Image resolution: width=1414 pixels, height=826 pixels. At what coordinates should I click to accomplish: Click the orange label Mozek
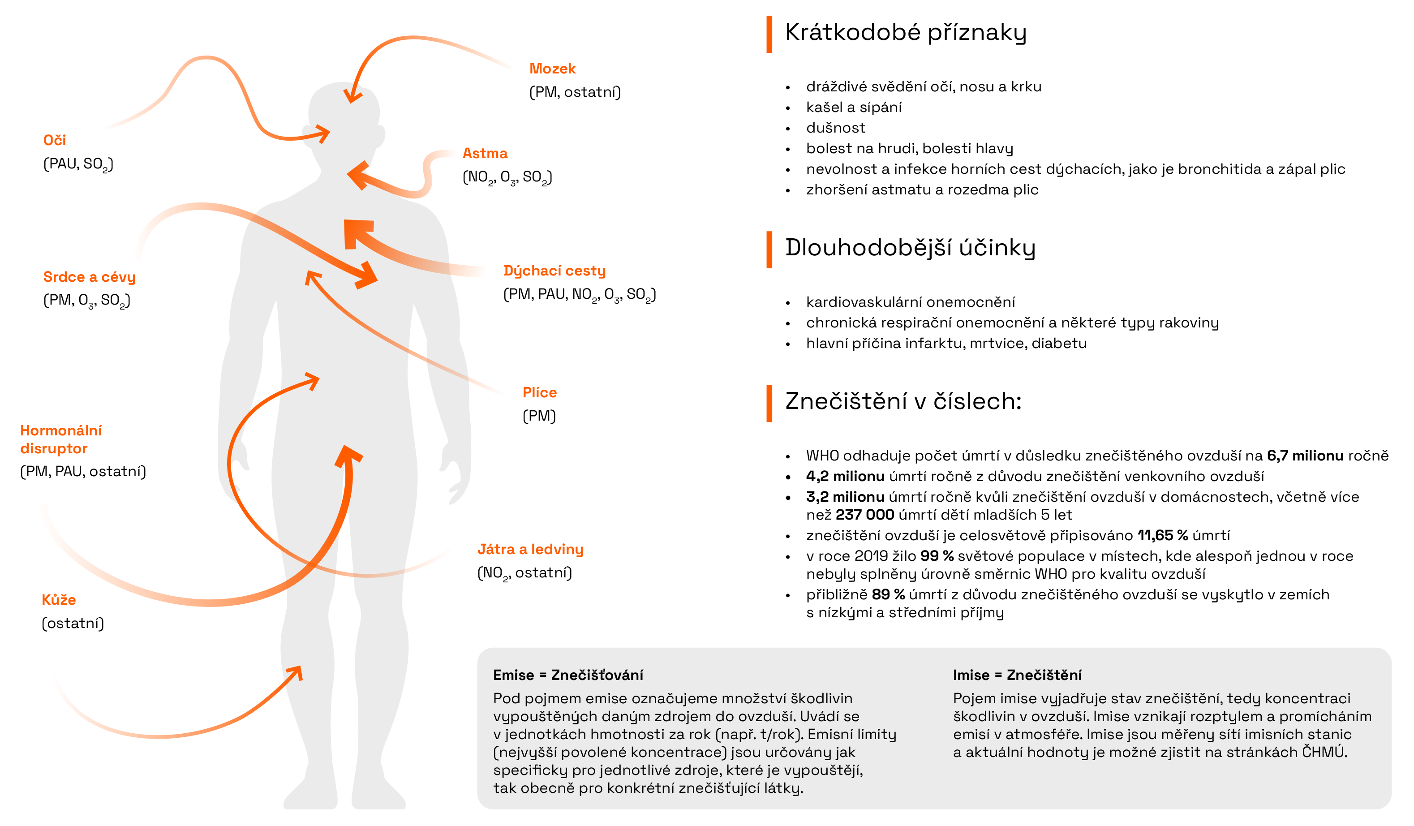[x=552, y=69]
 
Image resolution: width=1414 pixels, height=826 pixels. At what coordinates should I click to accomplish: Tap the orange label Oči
[x=55, y=140]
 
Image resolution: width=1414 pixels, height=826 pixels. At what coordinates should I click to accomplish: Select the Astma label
[x=485, y=153]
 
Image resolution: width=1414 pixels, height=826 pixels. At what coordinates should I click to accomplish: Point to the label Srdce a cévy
[x=89, y=277]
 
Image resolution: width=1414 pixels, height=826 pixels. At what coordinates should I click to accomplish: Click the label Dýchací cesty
[x=554, y=271]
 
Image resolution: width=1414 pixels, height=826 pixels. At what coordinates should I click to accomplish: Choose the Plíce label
[x=539, y=392]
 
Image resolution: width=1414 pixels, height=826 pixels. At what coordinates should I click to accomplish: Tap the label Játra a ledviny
[x=530, y=549]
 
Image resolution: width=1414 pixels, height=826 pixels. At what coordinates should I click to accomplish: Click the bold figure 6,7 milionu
[x=1305, y=456]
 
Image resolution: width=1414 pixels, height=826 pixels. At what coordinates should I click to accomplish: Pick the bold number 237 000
[x=865, y=515]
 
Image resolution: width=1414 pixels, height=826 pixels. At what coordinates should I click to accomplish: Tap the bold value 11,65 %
[x=1163, y=535]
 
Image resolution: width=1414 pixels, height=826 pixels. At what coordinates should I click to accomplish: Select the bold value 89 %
[x=888, y=594]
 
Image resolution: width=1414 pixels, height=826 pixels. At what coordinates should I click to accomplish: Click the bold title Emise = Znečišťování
[x=568, y=675]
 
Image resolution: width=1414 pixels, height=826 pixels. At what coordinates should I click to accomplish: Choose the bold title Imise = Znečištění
[x=1017, y=675]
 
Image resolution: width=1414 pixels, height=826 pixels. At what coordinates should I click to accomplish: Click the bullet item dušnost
[x=835, y=128]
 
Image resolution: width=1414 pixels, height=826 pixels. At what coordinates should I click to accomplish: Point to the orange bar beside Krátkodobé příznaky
[x=769, y=34]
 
